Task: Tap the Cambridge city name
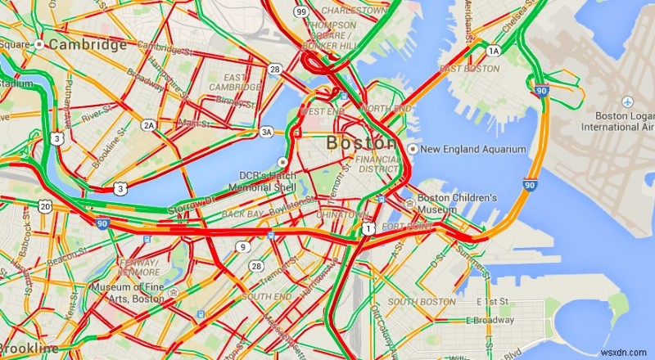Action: point(88,45)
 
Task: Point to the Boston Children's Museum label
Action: point(457,204)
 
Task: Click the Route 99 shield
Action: point(301,12)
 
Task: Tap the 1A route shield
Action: point(493,51)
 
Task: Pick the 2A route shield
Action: point(148,124)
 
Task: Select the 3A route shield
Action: point(266,131)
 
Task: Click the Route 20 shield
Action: point(45,205)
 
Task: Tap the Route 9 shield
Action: point(242,246)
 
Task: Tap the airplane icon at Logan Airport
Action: point(627,101)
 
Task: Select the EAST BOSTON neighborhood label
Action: point(469,69)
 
